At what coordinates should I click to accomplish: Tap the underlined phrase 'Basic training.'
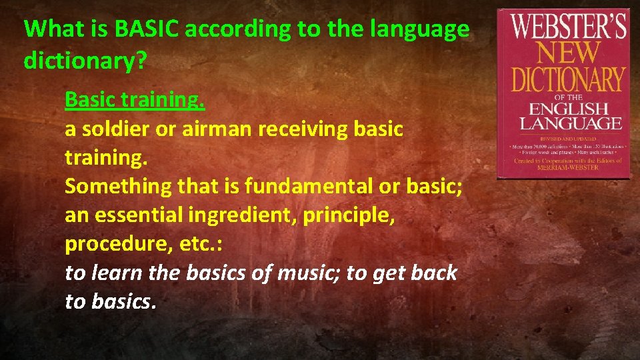pos(135,100)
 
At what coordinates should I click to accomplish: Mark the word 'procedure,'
pos(119,244)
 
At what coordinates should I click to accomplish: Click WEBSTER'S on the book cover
pos(569,28)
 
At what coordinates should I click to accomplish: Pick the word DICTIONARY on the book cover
pos(569,79)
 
